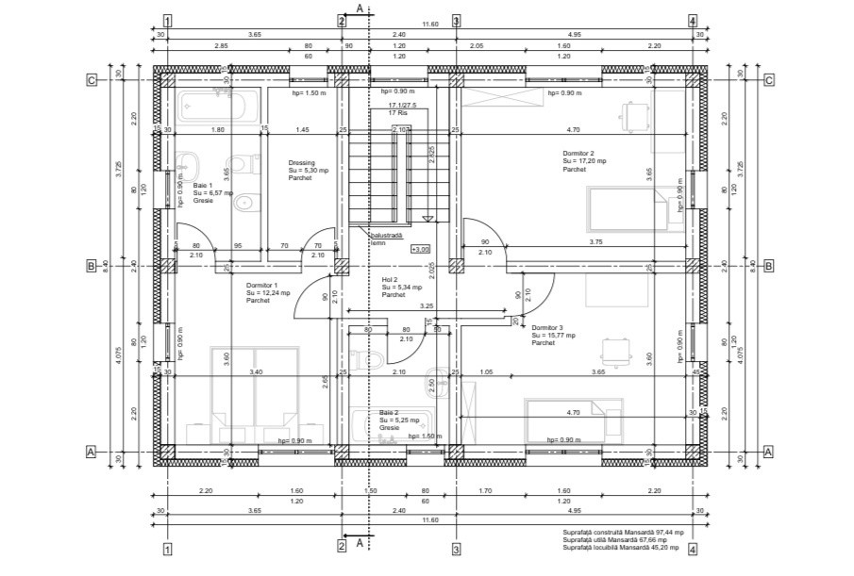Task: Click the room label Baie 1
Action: point(204,186)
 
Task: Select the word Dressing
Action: point(302,162)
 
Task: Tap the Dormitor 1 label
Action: point(262,285)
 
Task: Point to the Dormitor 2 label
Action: point(578,153)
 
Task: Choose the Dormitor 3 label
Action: point(547,327)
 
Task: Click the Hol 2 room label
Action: point(390,279)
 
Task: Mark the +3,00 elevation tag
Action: point(420,249)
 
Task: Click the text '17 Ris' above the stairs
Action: point(397,112)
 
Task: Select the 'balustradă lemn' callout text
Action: point(386,239)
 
